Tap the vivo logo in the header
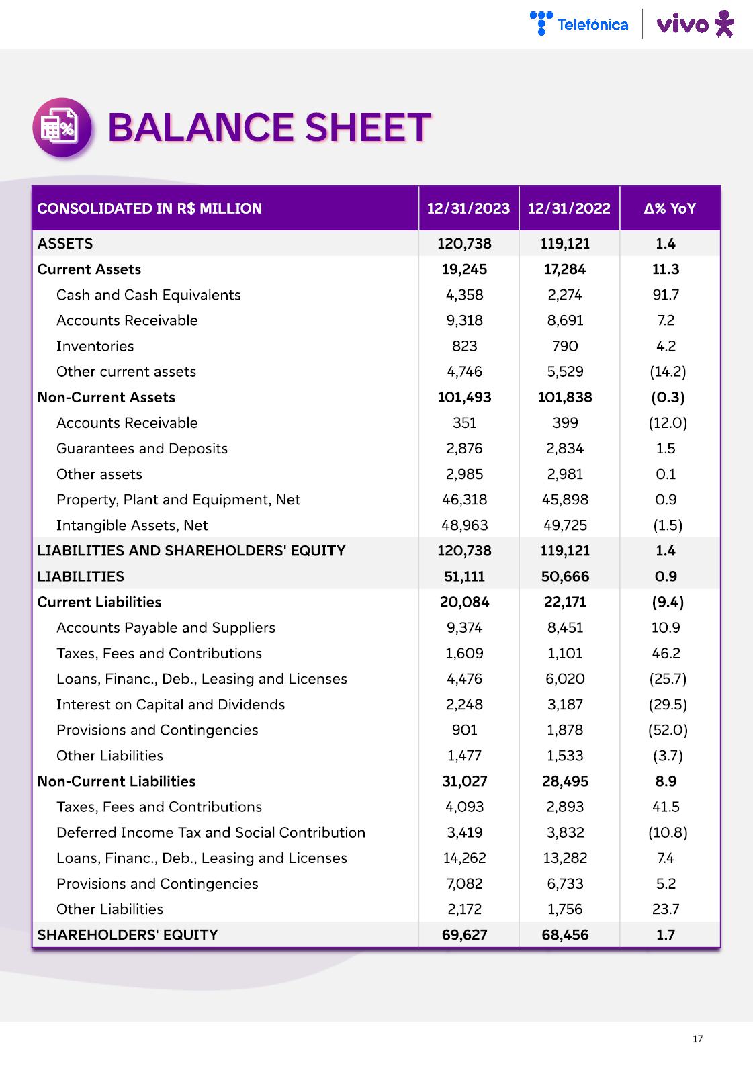pos(695,24)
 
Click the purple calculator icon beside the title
pos(62,128)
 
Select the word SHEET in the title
pos(367,128)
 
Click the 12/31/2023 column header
pos(468,208)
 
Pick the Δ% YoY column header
pos(669,208)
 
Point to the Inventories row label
pos(95,346)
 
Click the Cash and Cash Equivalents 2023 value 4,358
pos(464,295)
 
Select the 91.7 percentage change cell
pos(666,295)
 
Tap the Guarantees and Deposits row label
pos(142,449)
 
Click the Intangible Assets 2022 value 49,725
pos(565,525)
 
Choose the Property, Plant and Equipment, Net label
pos(178,500)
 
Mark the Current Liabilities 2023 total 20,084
pos(464,602)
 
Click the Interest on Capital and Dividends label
pos(171,705)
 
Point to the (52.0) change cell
pos(668,730)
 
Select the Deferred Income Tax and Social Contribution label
pos(211,832)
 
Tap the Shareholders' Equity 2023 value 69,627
pos(464,935)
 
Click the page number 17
pos(697,1039)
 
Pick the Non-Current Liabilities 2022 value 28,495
pos(565,781)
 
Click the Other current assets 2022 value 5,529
pos(565,371)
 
